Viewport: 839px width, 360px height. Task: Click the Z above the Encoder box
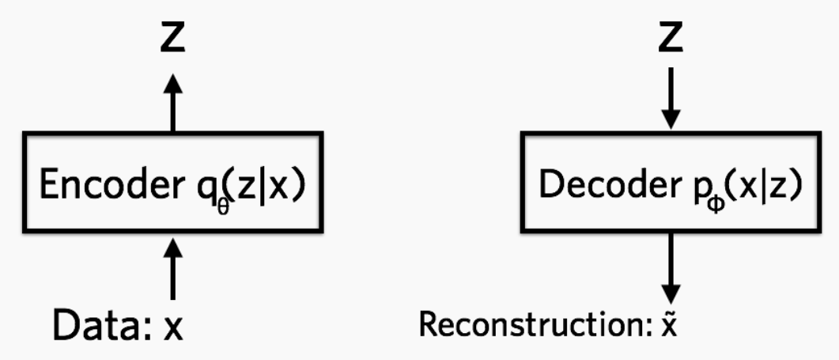point(172,38)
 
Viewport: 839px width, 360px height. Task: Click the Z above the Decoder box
point(671,38)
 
